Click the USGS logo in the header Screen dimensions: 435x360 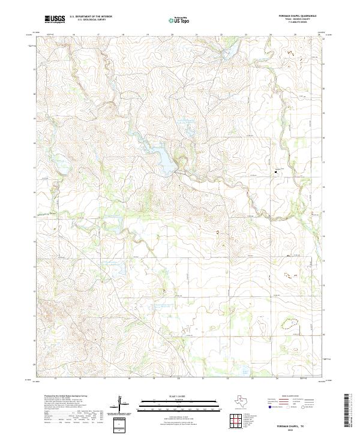[x=55, y=19]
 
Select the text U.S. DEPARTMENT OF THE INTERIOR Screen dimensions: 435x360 [x=91, y=17]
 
